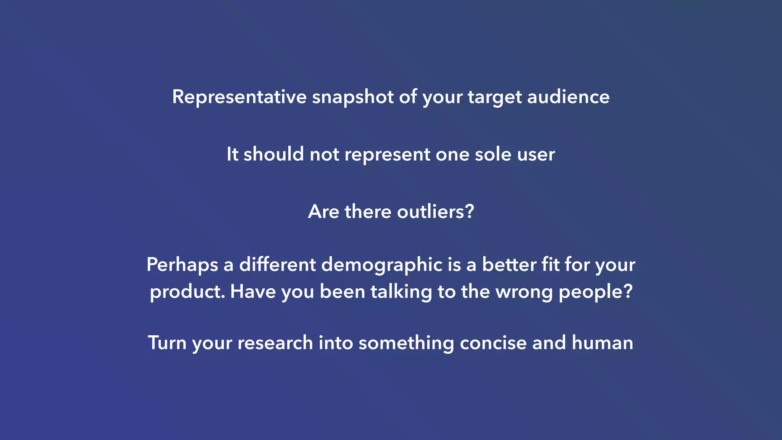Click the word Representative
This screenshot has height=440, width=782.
(239, 97)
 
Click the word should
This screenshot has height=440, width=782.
(273, 154)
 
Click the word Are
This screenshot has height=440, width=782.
(323, 212)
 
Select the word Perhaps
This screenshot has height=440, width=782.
(182, 265)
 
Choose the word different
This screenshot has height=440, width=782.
(278, 264)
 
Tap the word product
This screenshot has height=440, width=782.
(187, 292)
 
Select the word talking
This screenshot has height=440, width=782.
(401, 292)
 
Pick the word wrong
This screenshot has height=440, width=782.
(524, 292)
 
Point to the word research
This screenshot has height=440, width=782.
(275, 343)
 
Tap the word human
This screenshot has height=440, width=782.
(602, 343)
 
